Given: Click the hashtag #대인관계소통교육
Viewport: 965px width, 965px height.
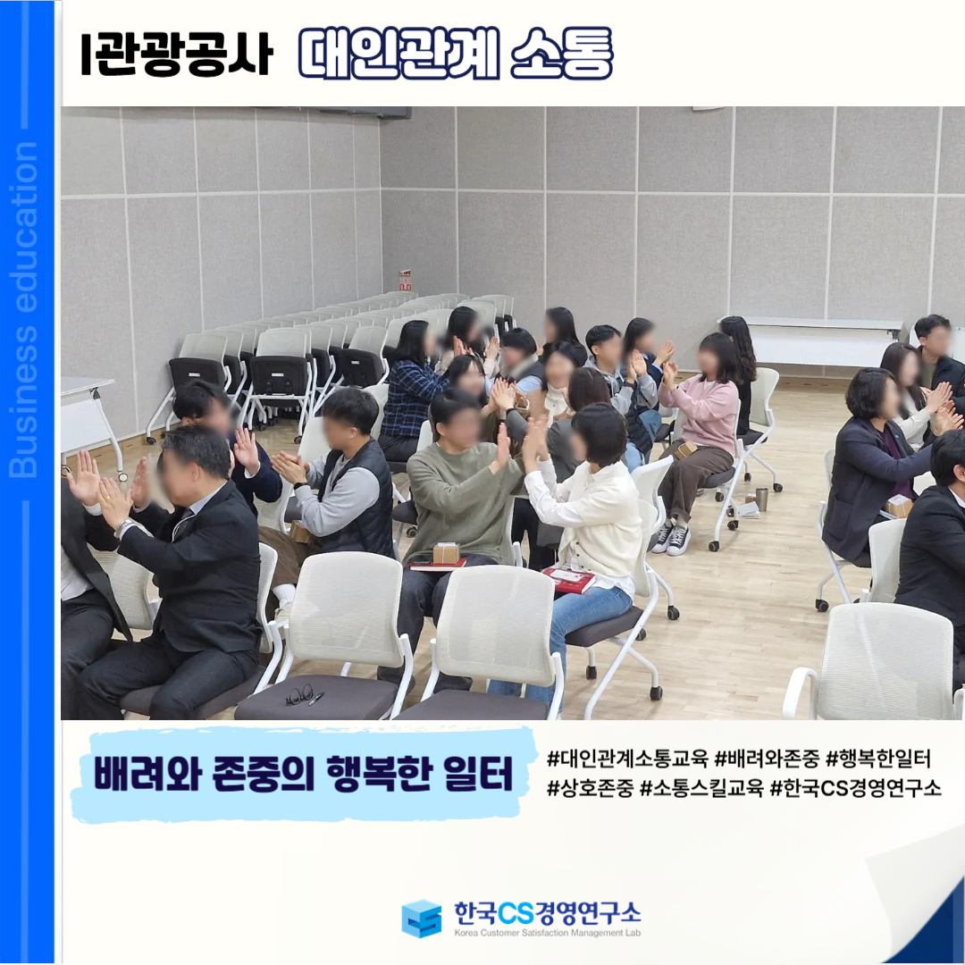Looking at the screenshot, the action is (627, 759).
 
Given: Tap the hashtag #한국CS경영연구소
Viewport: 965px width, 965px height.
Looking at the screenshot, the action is (855, 788).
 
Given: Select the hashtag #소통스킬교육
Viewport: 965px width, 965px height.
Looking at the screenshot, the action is (701, 788).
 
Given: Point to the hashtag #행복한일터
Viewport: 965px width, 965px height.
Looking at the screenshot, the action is (878, 759).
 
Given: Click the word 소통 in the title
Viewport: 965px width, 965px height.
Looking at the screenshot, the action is (561, 54).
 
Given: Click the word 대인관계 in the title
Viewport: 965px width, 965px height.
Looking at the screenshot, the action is (399, 54).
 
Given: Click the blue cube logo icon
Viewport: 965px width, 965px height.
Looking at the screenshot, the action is (422, 919).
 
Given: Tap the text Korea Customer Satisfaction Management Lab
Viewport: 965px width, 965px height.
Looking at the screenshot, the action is (547, 932).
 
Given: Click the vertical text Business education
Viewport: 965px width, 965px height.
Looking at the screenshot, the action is (23, 309).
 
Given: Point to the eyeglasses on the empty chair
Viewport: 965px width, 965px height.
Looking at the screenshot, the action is (299, 694).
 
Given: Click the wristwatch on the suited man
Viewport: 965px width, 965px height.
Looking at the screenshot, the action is (124, 527).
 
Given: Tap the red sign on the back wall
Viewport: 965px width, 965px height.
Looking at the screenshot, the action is (405, 280).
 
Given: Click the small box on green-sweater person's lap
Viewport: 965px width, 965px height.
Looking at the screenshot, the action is (446, 553).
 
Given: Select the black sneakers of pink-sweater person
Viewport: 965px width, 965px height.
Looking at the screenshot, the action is (671, 538).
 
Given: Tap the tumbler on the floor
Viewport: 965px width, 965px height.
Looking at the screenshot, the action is (762, 499).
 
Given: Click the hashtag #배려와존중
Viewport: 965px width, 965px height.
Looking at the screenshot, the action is (767, 759).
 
